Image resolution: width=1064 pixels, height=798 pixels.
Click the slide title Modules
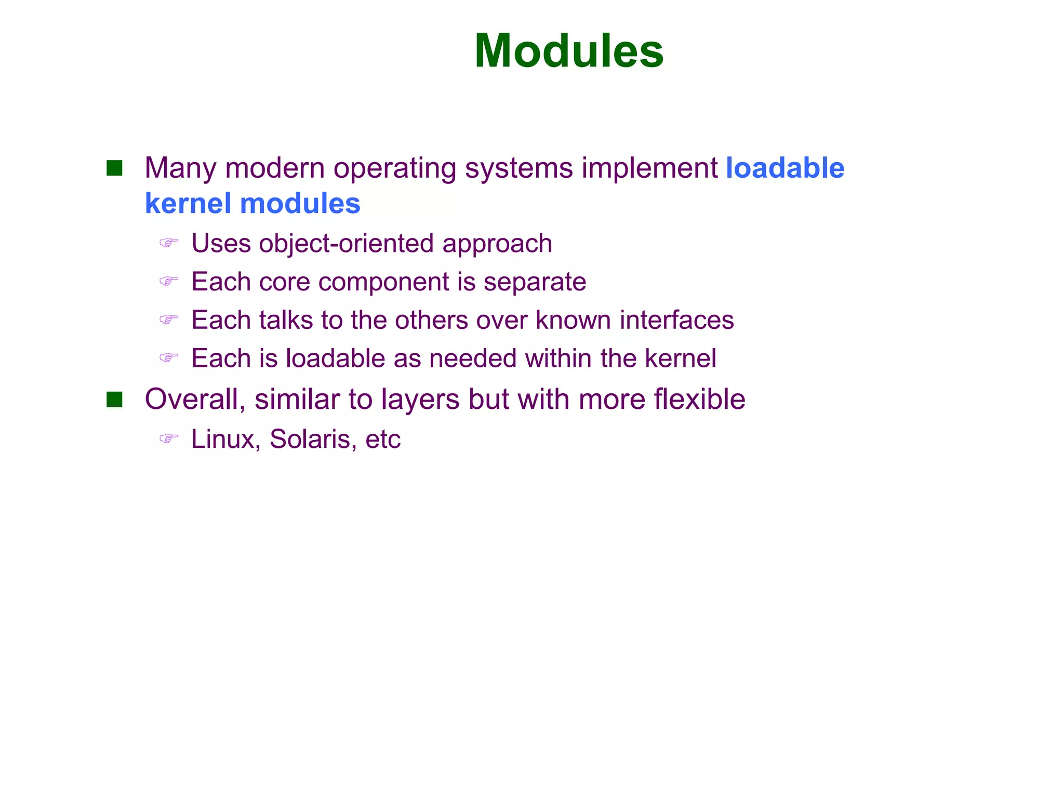coord(569,51)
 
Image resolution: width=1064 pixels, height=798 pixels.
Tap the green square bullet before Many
coord(114,168)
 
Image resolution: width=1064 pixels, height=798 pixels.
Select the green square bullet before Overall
coord(114,400)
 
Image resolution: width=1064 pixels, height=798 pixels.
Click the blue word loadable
coord(785,168)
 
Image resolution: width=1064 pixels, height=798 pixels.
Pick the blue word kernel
coord(188,203)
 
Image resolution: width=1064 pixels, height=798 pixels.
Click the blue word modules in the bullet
coord(300,203)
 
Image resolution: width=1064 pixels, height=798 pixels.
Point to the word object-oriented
coord(346,243)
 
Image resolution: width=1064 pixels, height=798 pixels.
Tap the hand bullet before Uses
coord(168,243)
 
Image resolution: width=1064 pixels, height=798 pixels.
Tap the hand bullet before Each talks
coord(168,319)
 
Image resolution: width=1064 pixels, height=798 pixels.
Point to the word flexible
coord(699,399)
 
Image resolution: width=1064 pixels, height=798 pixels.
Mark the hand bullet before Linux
coord(168,439)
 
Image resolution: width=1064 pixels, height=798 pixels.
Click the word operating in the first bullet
coord(394,169)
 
